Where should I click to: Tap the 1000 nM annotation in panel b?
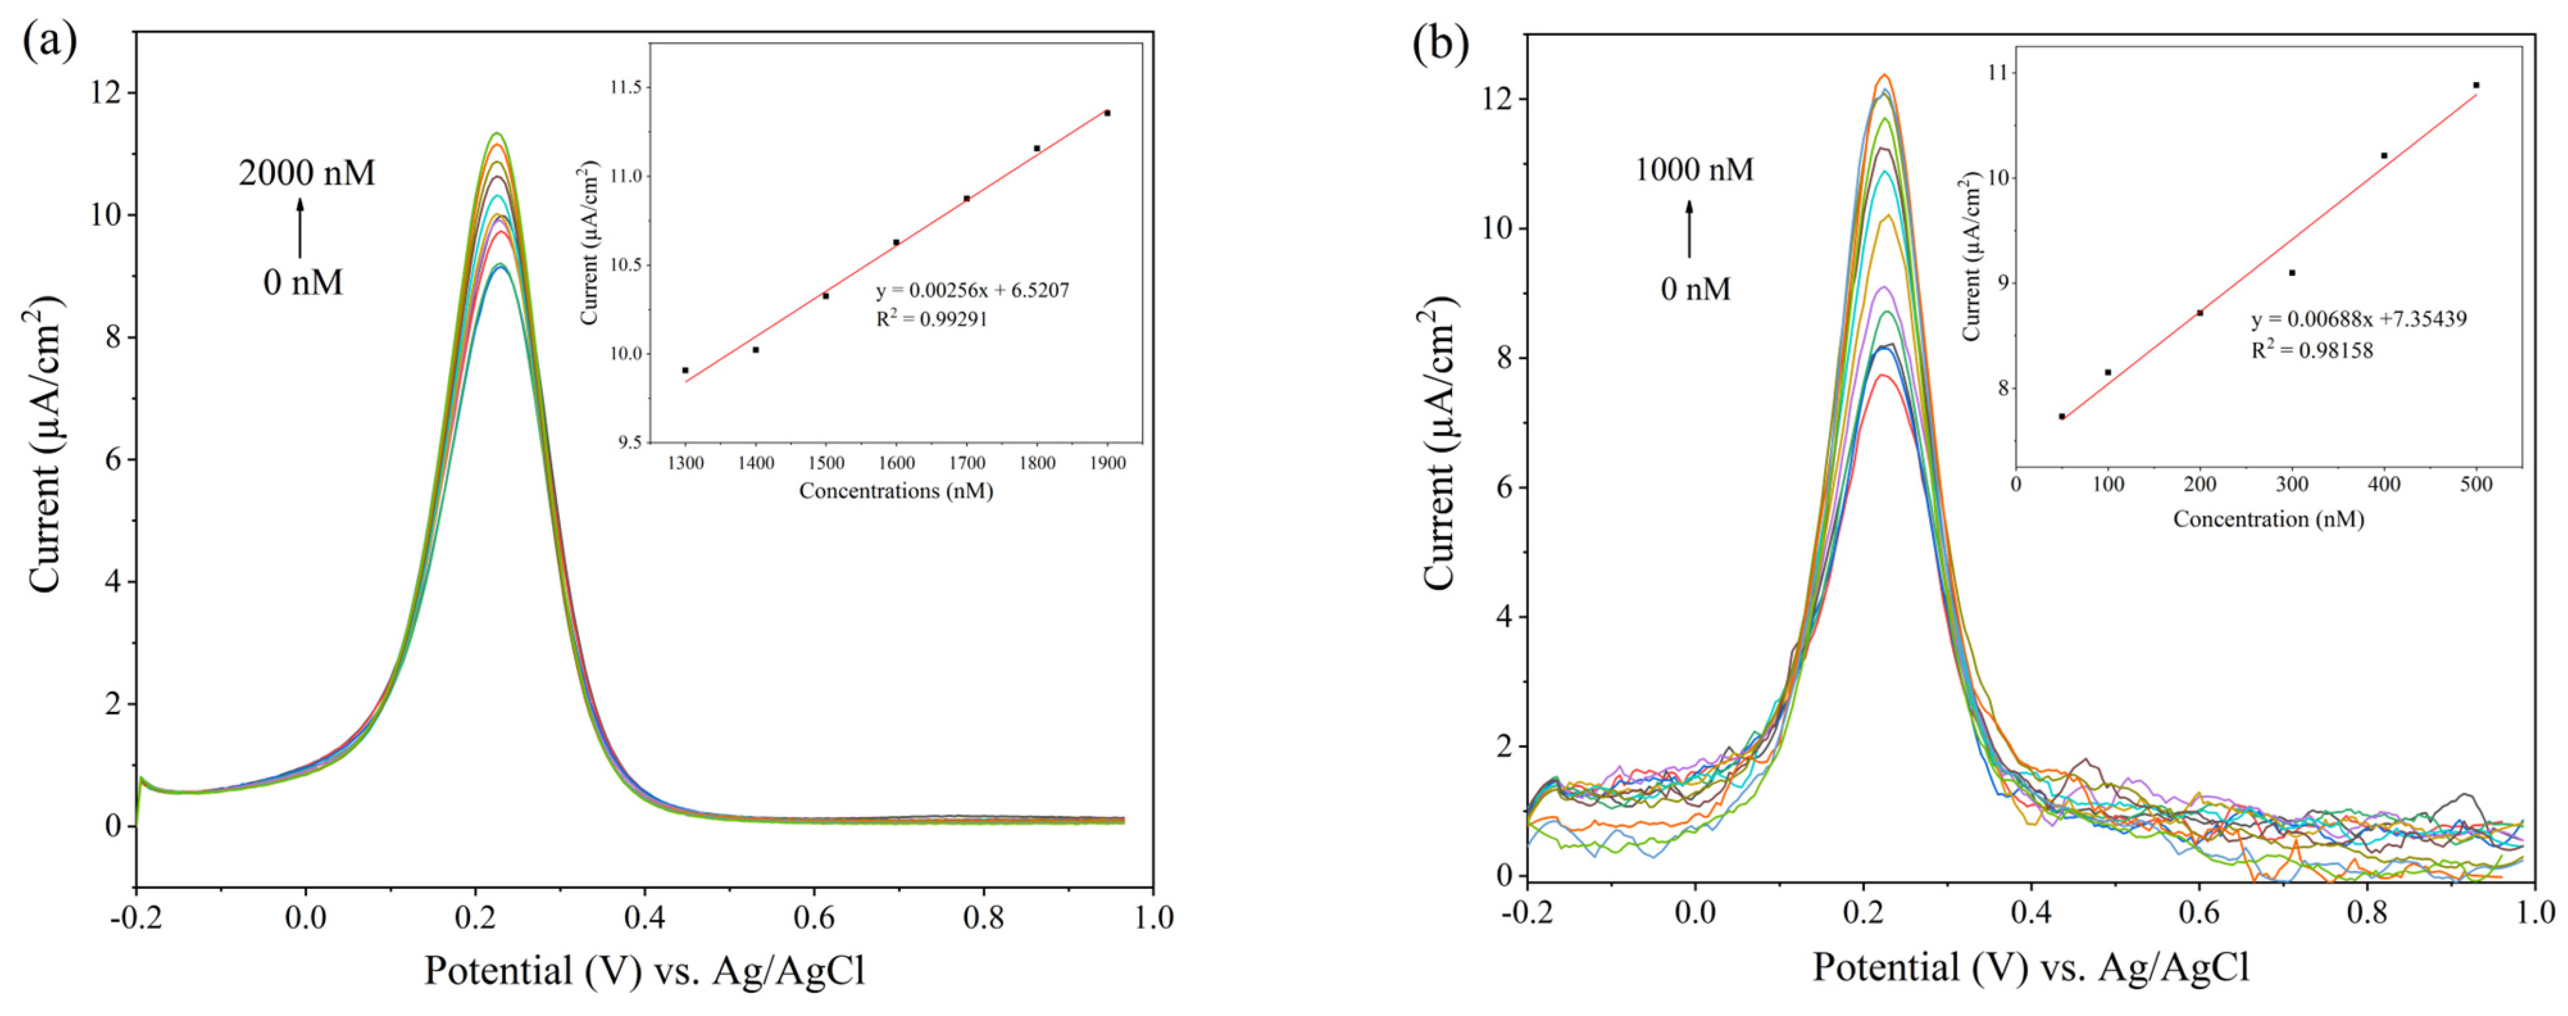(x=1694, y=169)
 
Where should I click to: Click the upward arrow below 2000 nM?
(x=300, y=228)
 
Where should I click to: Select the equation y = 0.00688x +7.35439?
(x=2358, y=319)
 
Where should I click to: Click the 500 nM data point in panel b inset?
(x=2476, y=85)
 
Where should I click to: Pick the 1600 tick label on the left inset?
(x=896, y=462)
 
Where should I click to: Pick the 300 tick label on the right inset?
(x=2292, y=484)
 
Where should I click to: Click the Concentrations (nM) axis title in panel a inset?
(x=896, y=491)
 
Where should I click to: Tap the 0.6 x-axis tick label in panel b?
(x=2199, y=911)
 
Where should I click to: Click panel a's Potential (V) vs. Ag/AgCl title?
(x=644, y=970)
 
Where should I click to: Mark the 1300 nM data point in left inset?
(x=685, y=370)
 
